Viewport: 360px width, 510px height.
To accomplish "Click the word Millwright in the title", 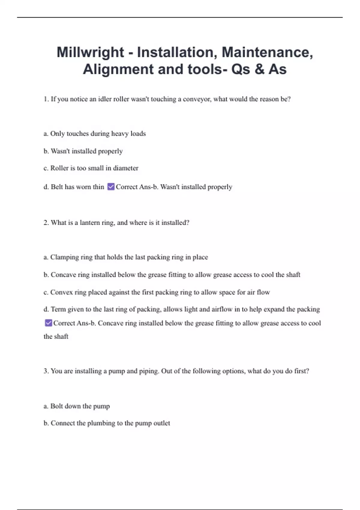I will click(x=90, y=52).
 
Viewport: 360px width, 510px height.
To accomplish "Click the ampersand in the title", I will click(x=258, y=69).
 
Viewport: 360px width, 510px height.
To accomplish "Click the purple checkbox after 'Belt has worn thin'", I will click(x=111, y=187).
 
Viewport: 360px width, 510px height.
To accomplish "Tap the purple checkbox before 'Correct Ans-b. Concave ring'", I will click(x=48, y=323).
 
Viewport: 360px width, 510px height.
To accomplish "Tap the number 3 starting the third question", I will click(x=46, y=371).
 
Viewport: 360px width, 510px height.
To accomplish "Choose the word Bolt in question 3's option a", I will click(x=56, y=406).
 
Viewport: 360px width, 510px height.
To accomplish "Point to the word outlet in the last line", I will click(x=162, y=423).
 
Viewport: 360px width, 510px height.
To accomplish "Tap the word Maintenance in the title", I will click(x=267, y=52).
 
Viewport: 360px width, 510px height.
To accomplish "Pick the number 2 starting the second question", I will click(x=46, y=223).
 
